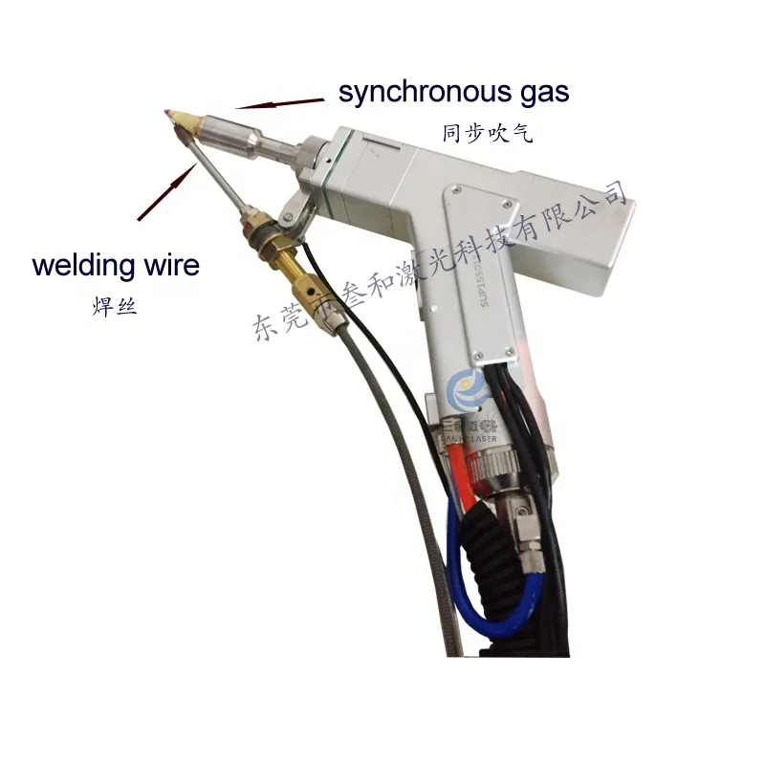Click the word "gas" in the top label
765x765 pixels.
544,93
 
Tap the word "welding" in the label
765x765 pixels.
87,264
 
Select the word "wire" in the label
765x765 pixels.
173,264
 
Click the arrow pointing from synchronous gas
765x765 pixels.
278,100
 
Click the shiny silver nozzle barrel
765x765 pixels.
225,130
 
